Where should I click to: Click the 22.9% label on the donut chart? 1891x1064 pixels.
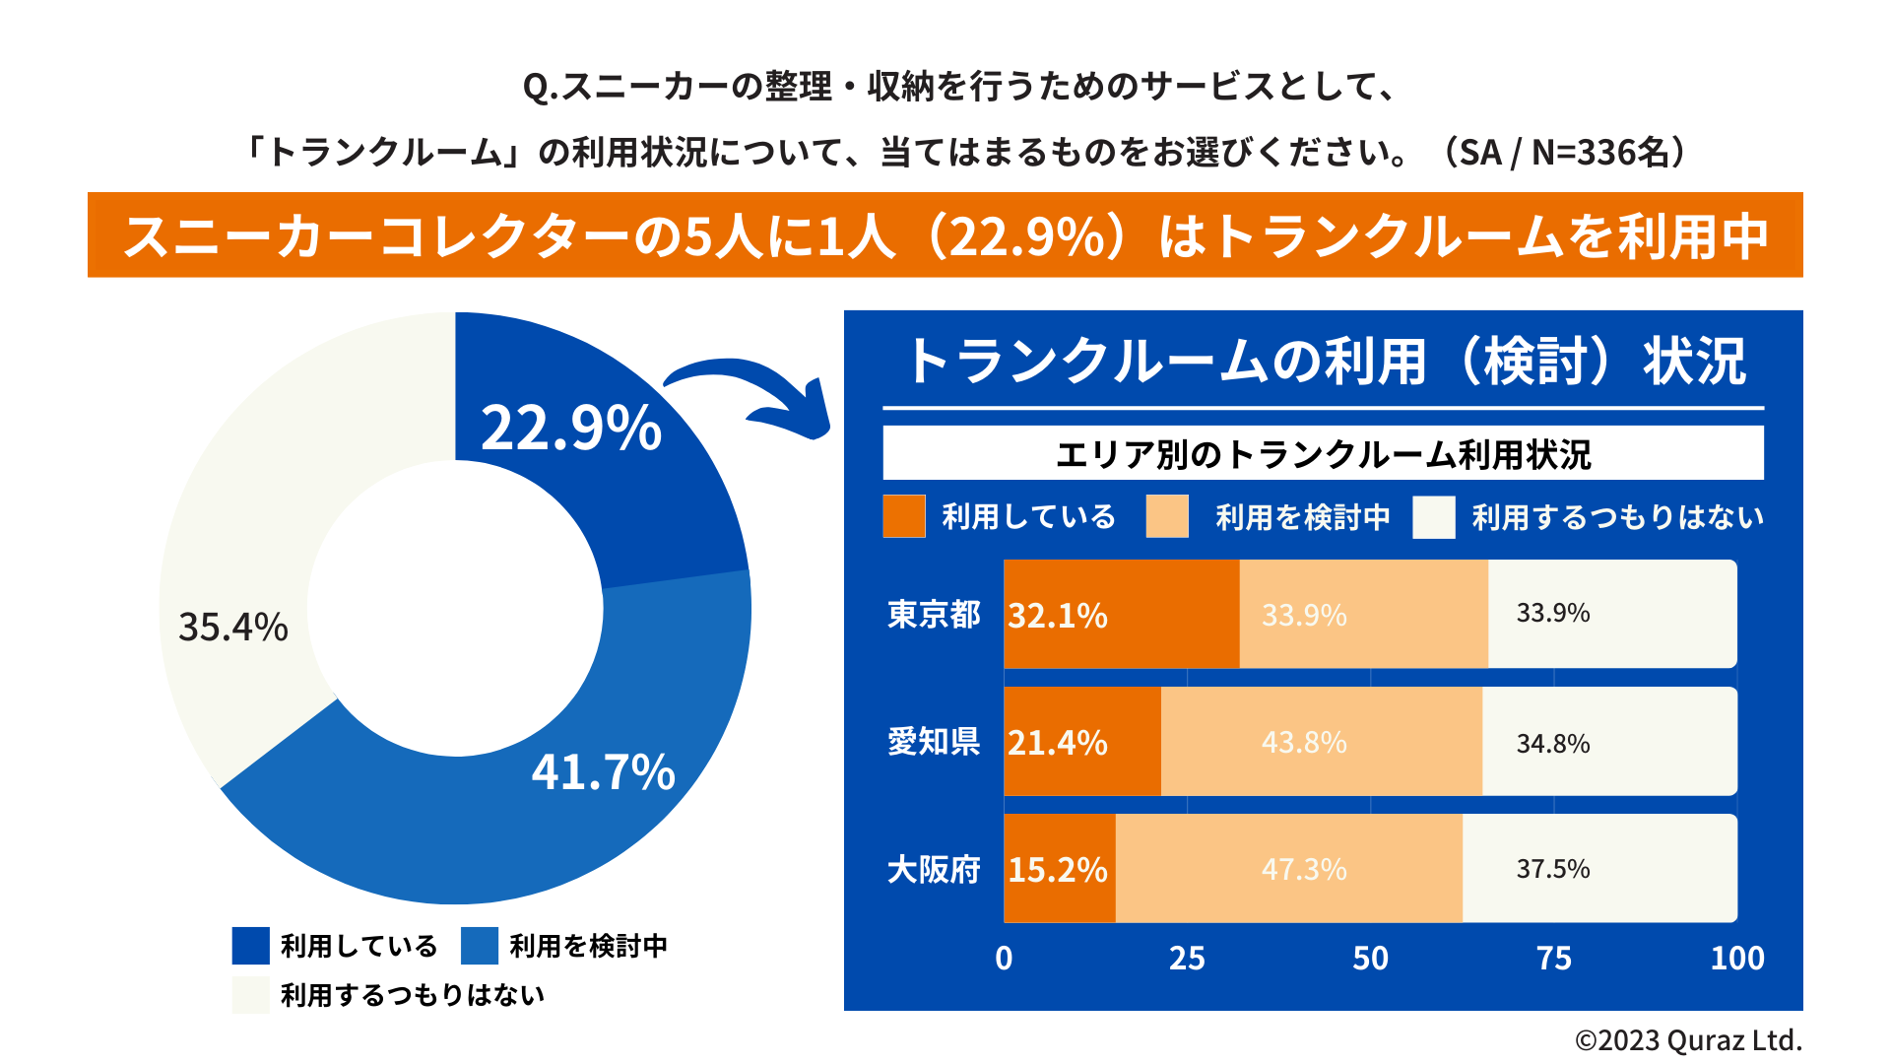(571, 429)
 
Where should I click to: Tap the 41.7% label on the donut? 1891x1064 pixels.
(603, 771)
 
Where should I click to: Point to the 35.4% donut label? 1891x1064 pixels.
(233, 627)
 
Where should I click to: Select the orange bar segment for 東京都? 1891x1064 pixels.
(1121, 614)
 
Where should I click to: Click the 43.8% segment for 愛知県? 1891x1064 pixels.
(1321, 742)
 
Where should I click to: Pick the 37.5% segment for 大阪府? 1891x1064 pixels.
(1599, 869)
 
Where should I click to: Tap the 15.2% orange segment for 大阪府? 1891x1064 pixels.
(1059, 869)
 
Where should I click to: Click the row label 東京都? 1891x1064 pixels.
(934, 615)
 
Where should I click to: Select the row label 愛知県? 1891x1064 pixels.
(934, 742)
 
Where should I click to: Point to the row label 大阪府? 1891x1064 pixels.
(934, 869)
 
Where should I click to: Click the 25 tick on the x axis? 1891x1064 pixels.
(1187, 958)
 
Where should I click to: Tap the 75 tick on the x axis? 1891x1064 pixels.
(1554, 958)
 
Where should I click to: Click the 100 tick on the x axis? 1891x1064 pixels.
(1737, 958)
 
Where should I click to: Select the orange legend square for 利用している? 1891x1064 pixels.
(904, 516)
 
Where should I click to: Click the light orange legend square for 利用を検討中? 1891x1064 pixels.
(1167, 516)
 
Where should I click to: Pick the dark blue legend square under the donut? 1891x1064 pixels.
(251, 946)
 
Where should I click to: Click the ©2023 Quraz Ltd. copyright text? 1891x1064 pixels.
(1688, 1040)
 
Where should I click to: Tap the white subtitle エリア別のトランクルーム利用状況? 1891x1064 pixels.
(1323, 454)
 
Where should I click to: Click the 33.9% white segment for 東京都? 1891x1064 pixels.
(1612, 614)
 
